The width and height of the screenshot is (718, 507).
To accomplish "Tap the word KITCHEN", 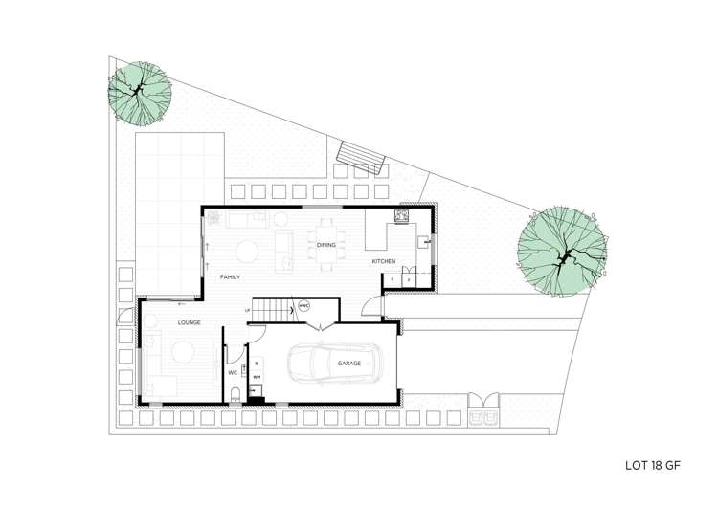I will coord(384,261).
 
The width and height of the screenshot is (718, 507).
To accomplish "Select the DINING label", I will coord(327,245).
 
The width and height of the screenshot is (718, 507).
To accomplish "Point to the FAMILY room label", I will coord(229,276).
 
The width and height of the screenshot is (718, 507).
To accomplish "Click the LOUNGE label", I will coord(162,323).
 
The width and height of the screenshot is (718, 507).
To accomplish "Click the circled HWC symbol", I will coord(304,306).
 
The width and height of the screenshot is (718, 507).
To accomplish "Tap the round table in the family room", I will coord(248,253).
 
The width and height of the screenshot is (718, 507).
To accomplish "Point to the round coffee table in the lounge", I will coord(179,353).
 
